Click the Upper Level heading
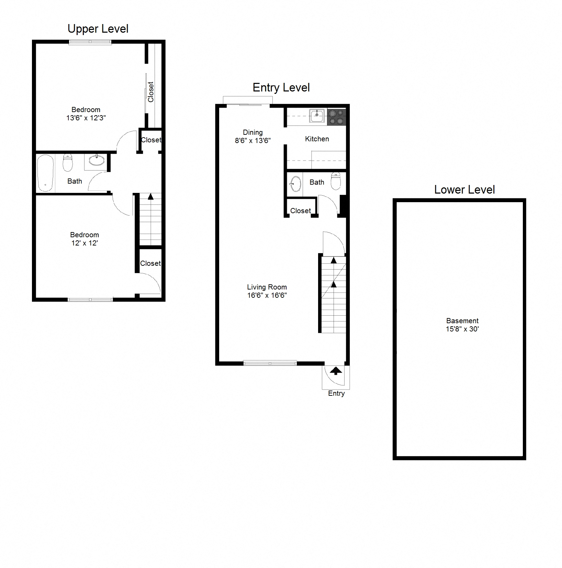pyautogui.click(x=98, y=29)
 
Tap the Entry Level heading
pyautogui.click(x=281, y=88)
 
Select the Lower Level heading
pyautogui.click(x=464, y=190)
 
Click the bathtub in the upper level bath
pyautogui.click(x=45, y=173)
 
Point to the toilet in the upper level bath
pyautogui.click(x=68, y=163)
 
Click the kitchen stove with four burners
pyautogui.click(x=336, y=117)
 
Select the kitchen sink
pyautogui.click(x=316, y=116)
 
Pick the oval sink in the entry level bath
pyautogui.click(x=295, y=184)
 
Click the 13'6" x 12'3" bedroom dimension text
pyautogui.click(x=86, y=118)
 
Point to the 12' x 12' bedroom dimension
pyautogui.click(x=85, y=243)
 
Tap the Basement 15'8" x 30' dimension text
pyautogui.click(x=462, y=329)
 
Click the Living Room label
pyautogui.click(x=267, y=287)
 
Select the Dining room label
pyautogui.click(x=253, y=132)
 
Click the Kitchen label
pyautogui.click(x=317, y=139)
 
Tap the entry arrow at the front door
pyautogui.click(x=336, y=371)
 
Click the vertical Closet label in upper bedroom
pyautogui.click(x=150, y=92)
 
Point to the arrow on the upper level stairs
pyautogui.click(x=150, y=197)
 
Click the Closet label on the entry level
pyautogui.click(x=300, y=211)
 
